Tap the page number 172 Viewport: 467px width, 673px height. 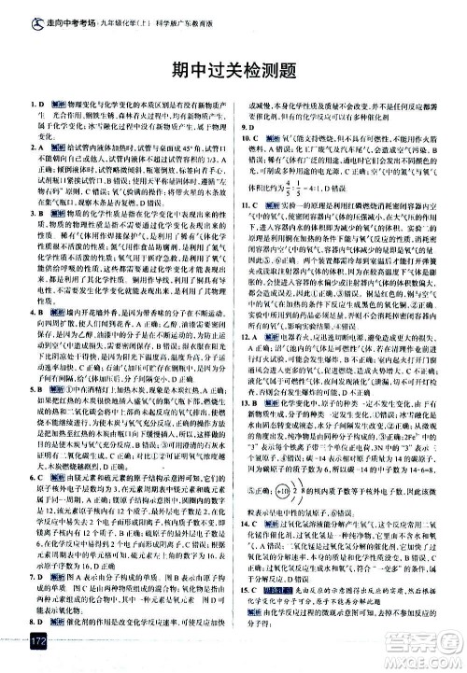pyautogui.click(x=37, y=642)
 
